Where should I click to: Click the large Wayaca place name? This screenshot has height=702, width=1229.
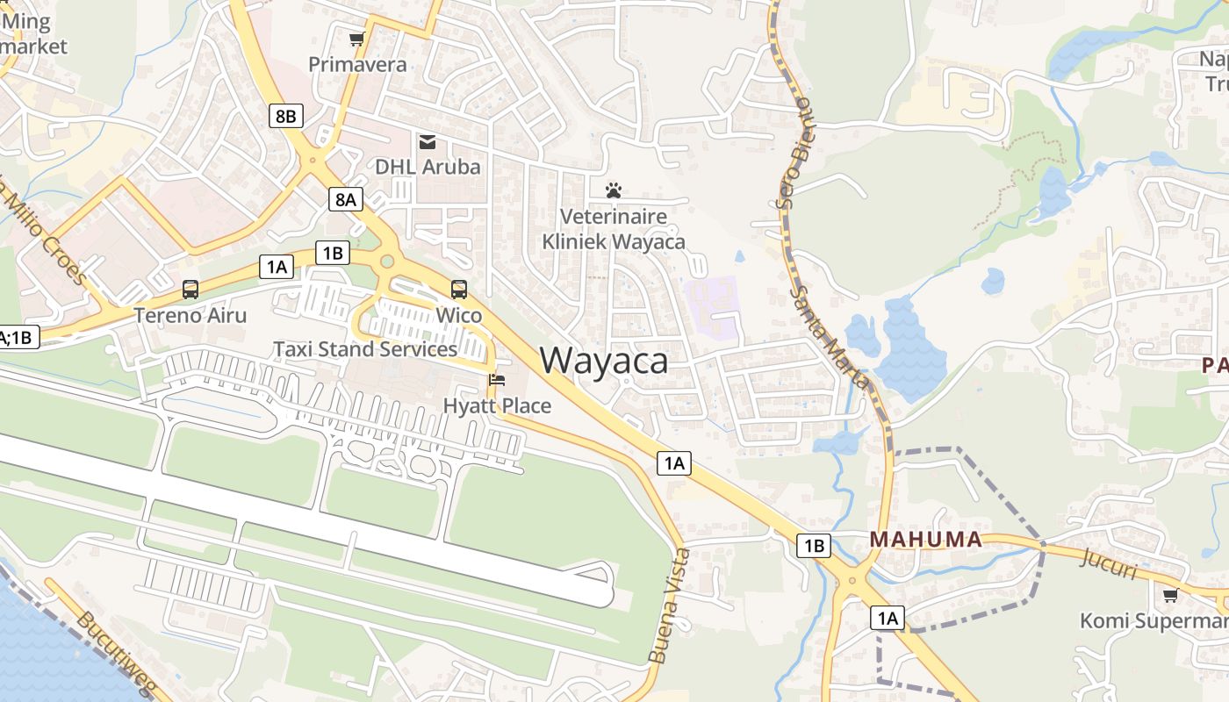pos(604,361)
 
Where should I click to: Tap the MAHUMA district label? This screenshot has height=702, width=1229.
pos(926,540)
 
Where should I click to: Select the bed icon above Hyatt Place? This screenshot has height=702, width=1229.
pos(497,381)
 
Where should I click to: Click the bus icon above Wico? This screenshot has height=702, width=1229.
pos(459,290)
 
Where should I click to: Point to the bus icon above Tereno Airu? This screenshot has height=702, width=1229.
pos(190,290)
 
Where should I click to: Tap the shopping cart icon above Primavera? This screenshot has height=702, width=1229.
pos(356,39)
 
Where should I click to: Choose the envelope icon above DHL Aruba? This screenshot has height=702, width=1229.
pos(428,141)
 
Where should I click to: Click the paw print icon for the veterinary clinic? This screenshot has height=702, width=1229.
pos(614,190)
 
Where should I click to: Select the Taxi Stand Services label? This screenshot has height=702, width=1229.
pos(365,349)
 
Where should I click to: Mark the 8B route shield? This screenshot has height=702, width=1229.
pos(286,116)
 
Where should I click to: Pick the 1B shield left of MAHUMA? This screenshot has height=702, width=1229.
pos(814,546)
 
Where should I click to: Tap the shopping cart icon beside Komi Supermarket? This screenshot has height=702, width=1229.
pos(1170,596)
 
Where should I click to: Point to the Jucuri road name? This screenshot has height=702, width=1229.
pos(1111,563)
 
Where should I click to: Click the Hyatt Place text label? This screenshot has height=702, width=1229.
pos(497,406)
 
